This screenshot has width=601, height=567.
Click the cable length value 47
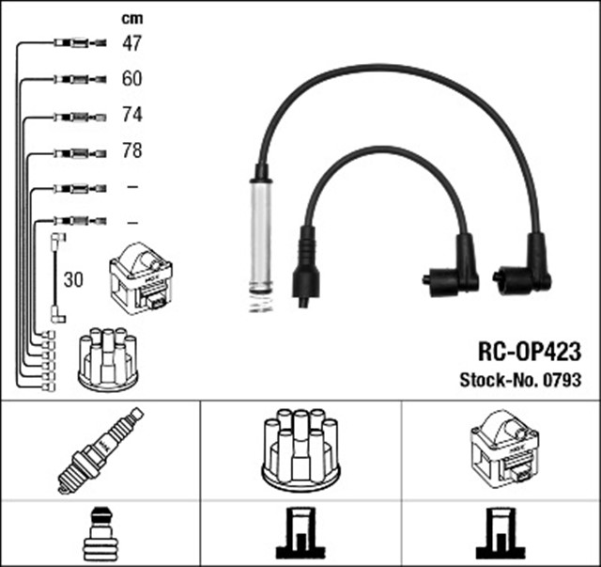click(131, 42)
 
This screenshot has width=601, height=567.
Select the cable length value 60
click(131, 79)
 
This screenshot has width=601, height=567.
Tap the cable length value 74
click(131, 115)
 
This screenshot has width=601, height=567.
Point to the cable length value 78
click(131, 150)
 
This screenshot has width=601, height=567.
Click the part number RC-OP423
click(530, 353)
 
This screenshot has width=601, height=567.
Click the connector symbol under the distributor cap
click(300, 534)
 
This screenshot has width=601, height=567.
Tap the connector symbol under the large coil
click(503, 534)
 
